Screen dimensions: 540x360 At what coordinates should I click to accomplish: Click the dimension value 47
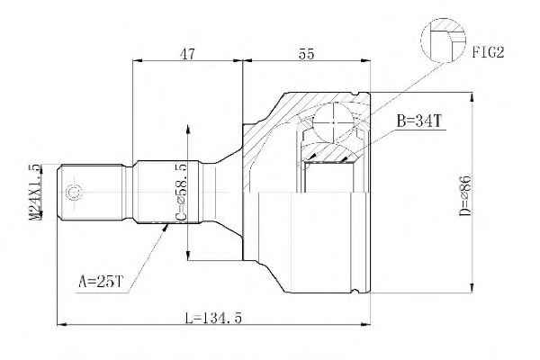tap(187, 54)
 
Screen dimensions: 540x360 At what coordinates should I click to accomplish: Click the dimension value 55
tap(306, 54)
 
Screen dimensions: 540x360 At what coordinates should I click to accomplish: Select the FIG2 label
tap(488, 52)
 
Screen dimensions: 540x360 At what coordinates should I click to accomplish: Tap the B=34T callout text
tap(418, 121)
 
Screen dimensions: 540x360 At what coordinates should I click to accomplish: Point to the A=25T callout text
tap(101, 282)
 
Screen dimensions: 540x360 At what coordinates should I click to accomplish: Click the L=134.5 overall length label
tap(213, 318)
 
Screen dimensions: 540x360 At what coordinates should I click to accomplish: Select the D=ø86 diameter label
tap(465, 195)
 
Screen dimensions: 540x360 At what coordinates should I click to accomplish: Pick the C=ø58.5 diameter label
tap(181, 193)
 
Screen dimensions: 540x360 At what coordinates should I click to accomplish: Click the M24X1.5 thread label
tap(35, 192)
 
